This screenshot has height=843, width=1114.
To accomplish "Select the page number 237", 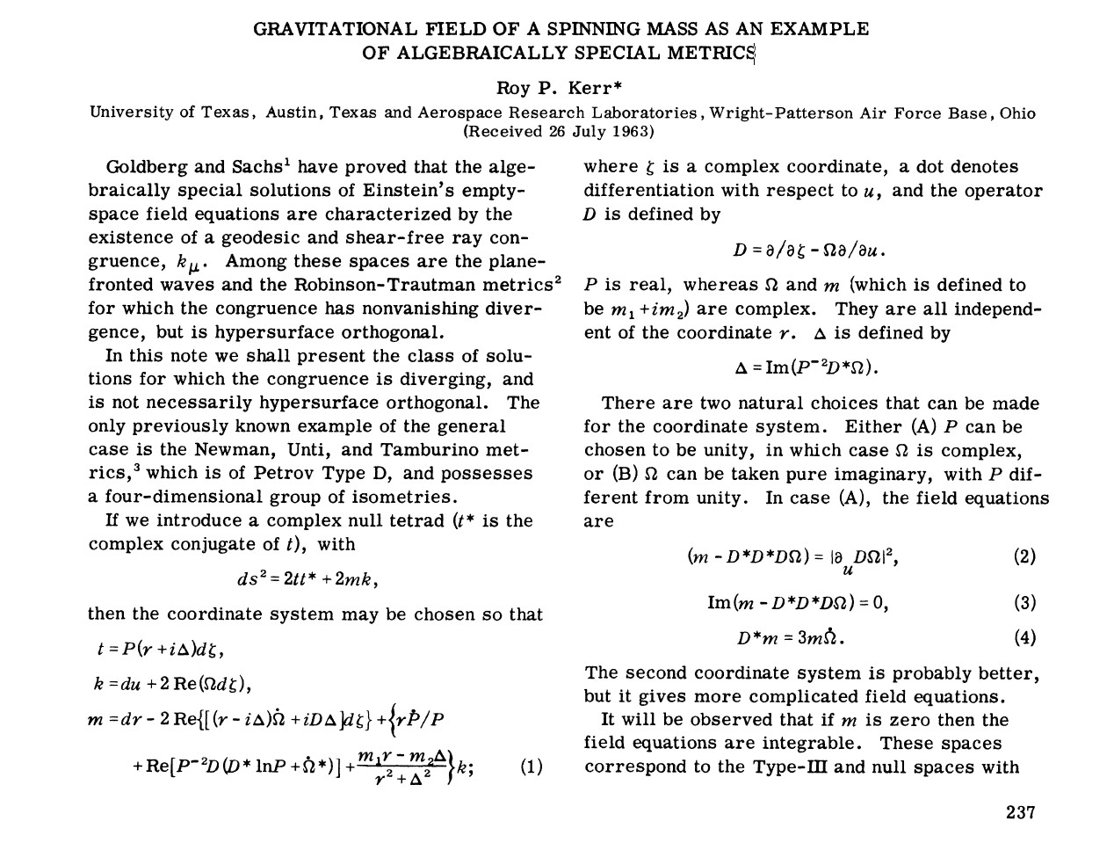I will pos(1021,811).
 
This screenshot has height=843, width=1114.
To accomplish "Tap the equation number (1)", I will pos(532,767).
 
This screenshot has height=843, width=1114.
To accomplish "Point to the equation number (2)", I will pos(1024,556).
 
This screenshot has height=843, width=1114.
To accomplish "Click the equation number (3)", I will pos(1024,603).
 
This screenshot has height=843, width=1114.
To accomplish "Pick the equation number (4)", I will pos(1024,638).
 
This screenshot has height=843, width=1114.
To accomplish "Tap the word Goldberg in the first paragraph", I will pos(141,167).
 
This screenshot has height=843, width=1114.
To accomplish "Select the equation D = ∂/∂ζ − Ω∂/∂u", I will pos(809,250).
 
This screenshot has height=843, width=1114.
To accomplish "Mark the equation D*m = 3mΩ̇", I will pos(791,638).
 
